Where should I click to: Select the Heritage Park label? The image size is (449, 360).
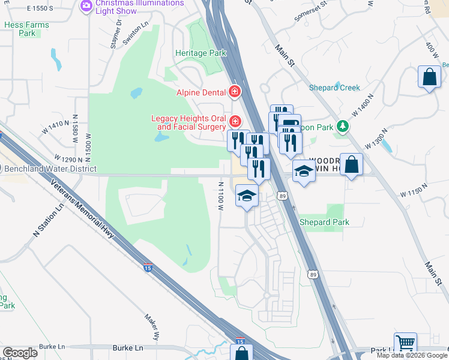click(x=200, y=53)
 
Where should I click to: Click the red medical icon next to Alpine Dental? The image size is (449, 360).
click(x=235, y=92)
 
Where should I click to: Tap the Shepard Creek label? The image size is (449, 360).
click(x=334, y=88)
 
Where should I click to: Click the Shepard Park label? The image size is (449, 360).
click(x=324, y=222)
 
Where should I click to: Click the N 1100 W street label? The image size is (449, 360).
click(x=221, y=196)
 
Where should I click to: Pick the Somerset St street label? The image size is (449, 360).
click(x=310, y=11)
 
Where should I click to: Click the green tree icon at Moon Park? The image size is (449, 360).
click(x=343, y=127)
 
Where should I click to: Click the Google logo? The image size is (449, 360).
click(x=20, y=353)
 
